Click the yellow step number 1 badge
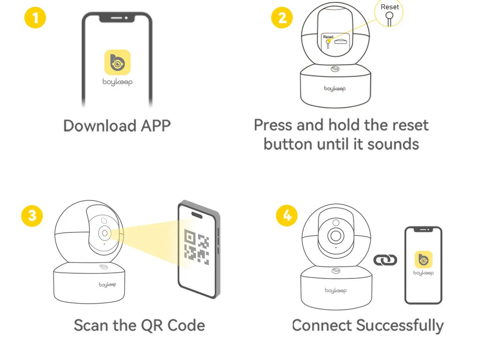[35, 18]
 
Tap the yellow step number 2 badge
[282, 18]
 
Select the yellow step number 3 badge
[32, 215]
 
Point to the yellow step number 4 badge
[286, 215]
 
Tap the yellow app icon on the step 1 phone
[117, 63]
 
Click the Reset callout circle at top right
[389, 13]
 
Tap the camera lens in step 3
[104, 233]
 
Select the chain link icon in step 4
[385, 259]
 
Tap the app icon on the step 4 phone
[423, 259]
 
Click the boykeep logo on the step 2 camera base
[335, 88]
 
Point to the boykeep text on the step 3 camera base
[107, 285]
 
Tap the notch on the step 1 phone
[117, 18]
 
